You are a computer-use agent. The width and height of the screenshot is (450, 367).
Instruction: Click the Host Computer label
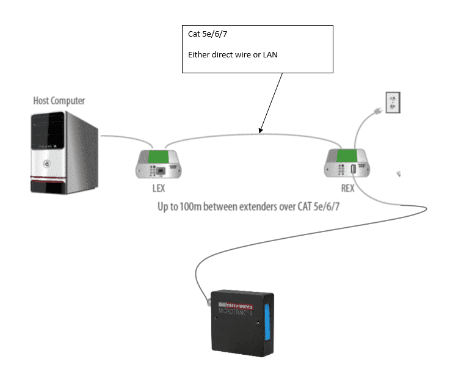pos(59,101)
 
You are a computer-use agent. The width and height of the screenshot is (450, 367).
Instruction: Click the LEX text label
pos(157,189)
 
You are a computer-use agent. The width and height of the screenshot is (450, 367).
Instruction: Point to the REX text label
pos(346,189)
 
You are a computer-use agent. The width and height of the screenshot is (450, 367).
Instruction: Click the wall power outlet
pos(392,102)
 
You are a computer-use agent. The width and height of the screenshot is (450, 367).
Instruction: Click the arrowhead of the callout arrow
pos(261,131)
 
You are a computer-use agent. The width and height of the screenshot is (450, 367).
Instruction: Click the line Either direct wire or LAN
pos(233,56)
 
